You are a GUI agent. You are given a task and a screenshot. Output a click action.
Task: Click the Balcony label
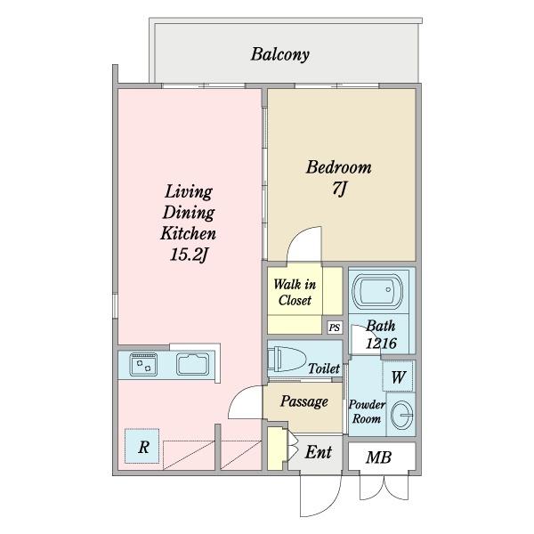(x=280, y=54)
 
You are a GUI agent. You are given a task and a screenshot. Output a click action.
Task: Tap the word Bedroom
(x=339, y=167)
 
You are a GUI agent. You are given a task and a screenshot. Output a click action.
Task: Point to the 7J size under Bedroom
(x=339, y=189)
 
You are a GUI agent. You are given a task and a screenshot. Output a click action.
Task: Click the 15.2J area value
(x=189, y=255)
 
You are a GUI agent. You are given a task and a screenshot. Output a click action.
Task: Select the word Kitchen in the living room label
(x=188, y=233)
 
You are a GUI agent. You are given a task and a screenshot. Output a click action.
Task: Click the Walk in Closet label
(x=295, y=292)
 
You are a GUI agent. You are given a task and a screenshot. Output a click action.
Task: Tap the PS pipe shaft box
(x=335, y=328)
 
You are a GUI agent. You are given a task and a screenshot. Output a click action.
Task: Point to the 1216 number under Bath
(x=381, y=344)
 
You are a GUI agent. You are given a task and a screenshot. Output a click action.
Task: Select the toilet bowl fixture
(x=286, y=359)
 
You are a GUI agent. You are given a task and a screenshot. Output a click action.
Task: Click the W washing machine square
(x=398, y=376)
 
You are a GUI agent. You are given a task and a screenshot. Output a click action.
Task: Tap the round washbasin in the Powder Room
(x=402, y=415)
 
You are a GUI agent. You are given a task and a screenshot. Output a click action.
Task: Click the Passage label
(x=304, y=401)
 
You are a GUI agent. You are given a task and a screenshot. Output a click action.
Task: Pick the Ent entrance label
(x=319, y=452)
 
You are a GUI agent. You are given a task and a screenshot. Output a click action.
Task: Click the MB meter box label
(x=379, y=457)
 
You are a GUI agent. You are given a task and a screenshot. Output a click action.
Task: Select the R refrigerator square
(x=142, y=446)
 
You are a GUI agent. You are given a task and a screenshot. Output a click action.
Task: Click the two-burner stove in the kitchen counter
(x=143, y=364)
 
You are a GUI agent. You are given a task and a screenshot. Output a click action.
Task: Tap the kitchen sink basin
(x=193, y=364)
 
